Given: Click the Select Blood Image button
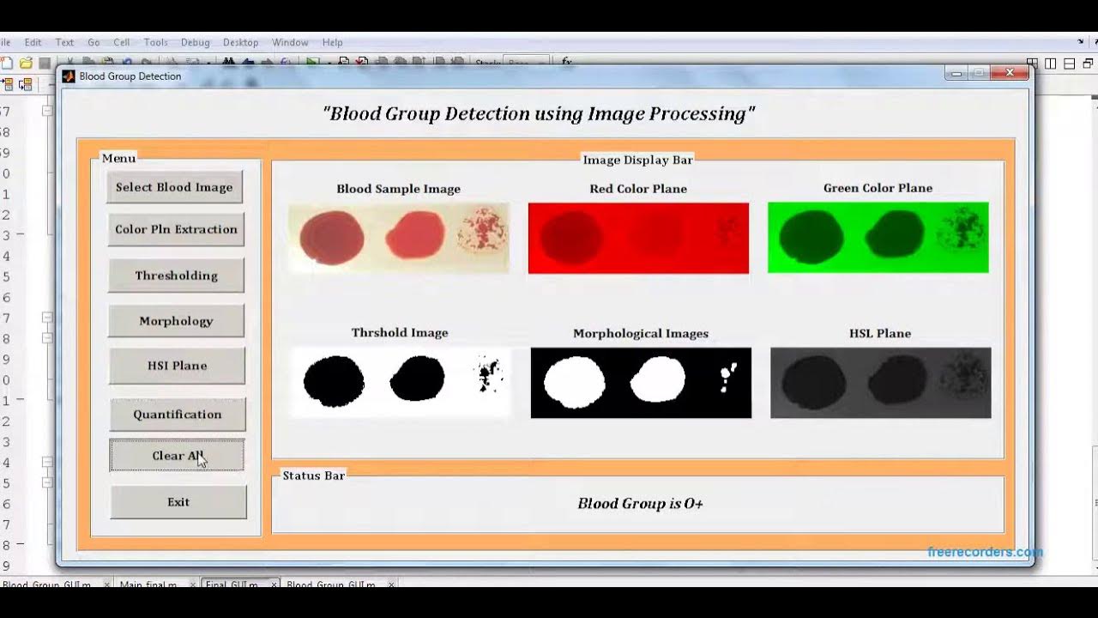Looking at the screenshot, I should (175, 187).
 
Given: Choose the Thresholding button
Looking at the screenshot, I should (176, 276).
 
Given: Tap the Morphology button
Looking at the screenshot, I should (176, 321).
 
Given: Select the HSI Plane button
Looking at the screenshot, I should (177, 366).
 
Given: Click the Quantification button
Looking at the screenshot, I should (177, 415).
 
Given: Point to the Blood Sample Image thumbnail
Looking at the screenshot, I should (399, 238).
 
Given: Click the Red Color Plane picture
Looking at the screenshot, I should (638, 238).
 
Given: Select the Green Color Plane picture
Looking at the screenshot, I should (878, 238).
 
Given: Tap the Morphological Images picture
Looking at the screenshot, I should (641, 383).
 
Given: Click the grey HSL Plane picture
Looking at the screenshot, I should (880, 383).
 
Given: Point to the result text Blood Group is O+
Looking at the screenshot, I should (640, 504).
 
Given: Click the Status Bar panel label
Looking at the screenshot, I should (313, 476).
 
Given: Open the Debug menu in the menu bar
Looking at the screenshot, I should (195, 42).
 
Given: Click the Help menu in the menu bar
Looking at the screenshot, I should (332, 42).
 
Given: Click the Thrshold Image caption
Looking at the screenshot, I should (400, 333).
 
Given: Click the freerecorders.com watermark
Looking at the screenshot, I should (985, 552).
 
